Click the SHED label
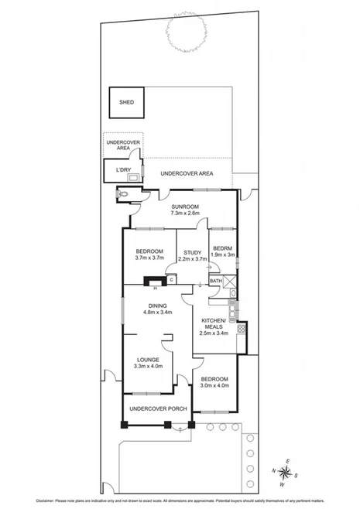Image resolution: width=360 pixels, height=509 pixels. [125, 102]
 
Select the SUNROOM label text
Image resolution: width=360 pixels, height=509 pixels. [186, 207]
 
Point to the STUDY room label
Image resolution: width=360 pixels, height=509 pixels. [193, 251]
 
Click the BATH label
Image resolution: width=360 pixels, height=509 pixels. [216, 281]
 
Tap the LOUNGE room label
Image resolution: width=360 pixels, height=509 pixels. [147, 359]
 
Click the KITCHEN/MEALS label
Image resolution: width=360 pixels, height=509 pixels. [214, 324]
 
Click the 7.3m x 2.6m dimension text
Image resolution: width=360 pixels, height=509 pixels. [186, 214]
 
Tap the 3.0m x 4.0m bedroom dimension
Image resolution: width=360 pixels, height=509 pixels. [214, 385]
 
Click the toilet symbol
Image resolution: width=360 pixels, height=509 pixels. [124, 193]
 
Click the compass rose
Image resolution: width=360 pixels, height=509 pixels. [283, 473]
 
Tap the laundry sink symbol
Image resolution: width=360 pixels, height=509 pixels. [135, 176]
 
